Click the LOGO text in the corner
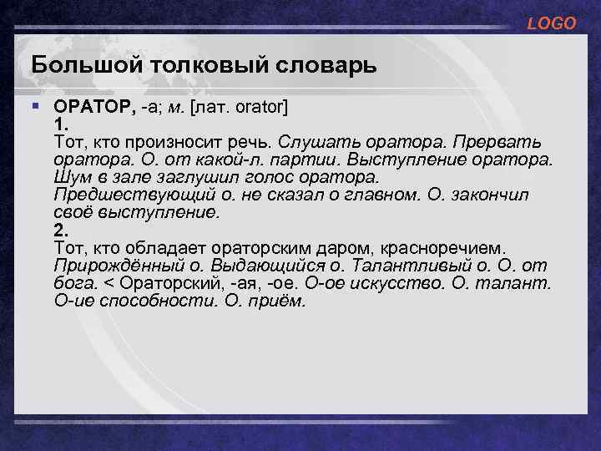551,24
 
